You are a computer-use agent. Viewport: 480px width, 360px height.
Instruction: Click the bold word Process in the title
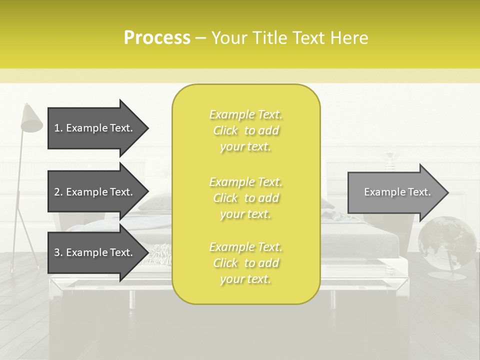coord(157,38)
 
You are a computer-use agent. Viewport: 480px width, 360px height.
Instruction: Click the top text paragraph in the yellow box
coord(245,130)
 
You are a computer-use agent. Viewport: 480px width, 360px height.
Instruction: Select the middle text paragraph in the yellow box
coord(245,198)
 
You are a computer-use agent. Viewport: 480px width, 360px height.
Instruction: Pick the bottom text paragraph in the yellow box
coord(245,263)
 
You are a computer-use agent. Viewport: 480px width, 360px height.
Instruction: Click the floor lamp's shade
coord(32,119)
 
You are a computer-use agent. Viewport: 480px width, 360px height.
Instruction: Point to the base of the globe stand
coord(443,276)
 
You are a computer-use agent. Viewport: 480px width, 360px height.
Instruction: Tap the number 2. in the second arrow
coord(58,192)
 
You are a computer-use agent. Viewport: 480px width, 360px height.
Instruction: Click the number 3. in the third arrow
coord(58,252)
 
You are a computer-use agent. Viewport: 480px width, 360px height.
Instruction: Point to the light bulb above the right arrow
coord(389,157)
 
